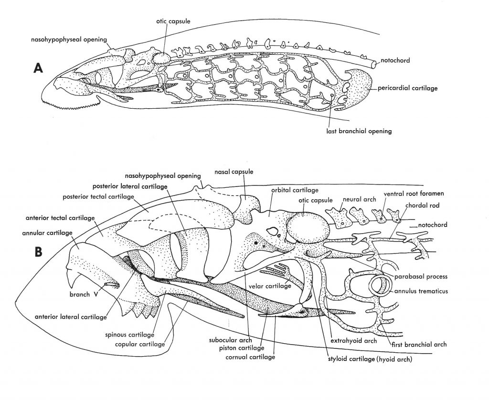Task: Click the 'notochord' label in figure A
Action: [396, 61]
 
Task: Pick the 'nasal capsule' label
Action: [234, 172]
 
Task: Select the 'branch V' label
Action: [79, 294]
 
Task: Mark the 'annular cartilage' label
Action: [47, 233]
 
